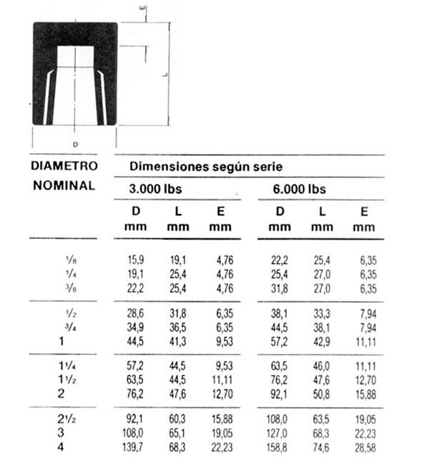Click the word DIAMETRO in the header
(x=64, y=166)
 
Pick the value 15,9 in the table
(x=137, y=259)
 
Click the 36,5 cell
(x=178, y=325)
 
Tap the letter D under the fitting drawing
(x=75, y=144)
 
